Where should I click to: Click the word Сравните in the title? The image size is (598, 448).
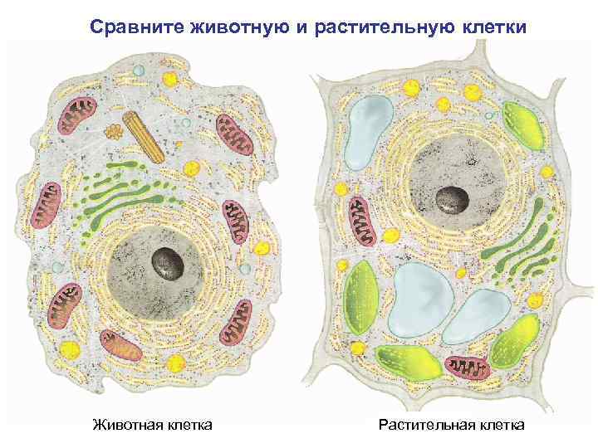coord(132,27)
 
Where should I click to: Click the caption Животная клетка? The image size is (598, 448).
coord(152,425)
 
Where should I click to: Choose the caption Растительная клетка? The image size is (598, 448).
coord(451,425)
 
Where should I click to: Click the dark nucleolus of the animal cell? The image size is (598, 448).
coord(167,264)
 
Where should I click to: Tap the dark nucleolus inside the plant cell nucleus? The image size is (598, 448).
coord(453,199)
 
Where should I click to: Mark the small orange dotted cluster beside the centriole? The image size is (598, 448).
coord(114,131)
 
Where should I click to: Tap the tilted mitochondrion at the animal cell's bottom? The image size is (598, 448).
coord(120,344)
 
